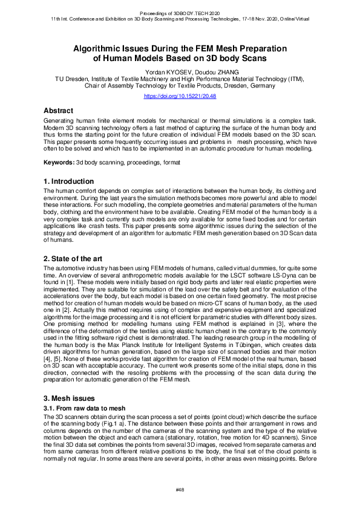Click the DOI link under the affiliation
pos(180,96)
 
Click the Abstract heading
pos(58,111)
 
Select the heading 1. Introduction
pos(68,181)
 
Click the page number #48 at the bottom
pos(180,489)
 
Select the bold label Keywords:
pos(59,163)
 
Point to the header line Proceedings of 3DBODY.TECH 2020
pos(180,11)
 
